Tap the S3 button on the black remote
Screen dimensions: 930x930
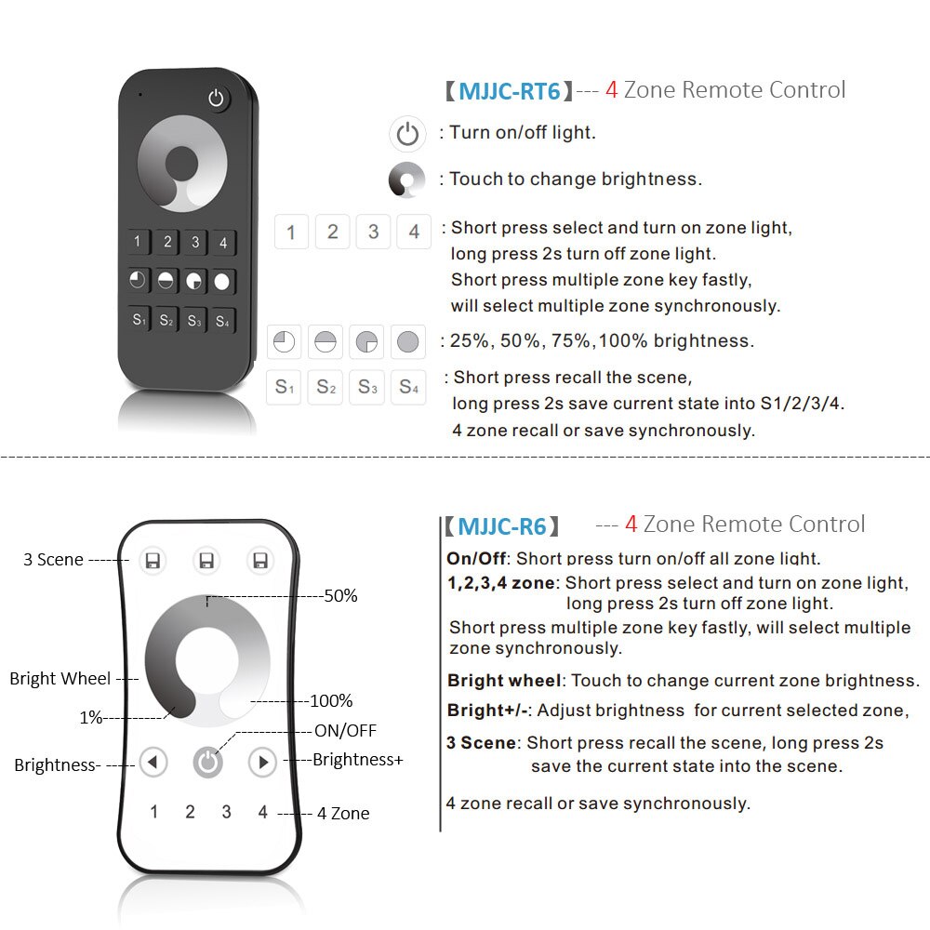click(x=194, y=321)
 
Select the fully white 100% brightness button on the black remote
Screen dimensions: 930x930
click(x=222, y=281)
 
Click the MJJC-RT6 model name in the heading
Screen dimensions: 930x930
click(x=509, y=91)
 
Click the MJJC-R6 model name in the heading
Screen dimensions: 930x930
click(x=501, y=526)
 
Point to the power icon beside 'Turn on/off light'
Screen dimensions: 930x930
click(x=407, y=134)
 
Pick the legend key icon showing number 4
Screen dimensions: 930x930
click(x=414, y=232)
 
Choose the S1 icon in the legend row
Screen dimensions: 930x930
click(x=285, y=387)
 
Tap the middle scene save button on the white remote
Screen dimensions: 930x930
click(x=206, y=560)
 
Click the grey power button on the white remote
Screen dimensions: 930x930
click(x=207, y=763)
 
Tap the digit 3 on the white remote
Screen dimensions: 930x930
click(x=226, y=812)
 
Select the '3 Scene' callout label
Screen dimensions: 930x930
click(x=53, y=560)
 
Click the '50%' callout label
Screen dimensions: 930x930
click(x=340, y=596)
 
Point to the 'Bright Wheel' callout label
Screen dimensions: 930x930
click(x=60, y=679)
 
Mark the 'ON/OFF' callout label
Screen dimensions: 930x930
click(x=345, y=731)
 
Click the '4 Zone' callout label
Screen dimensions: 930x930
click(x=342, y=814)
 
